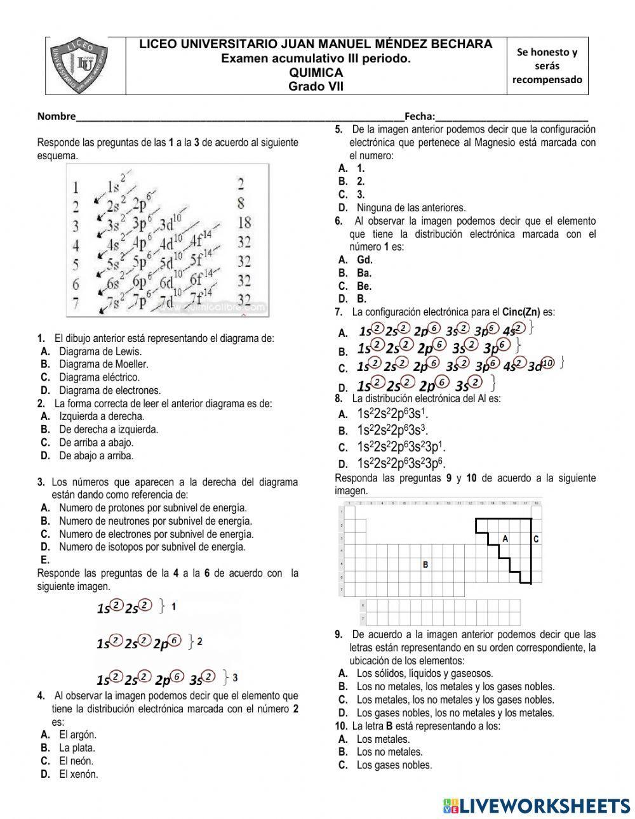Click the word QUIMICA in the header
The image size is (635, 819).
tap(316, 73)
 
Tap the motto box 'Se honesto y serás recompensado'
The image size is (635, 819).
tap(547, 66)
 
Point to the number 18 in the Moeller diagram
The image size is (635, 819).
tap(244, 223)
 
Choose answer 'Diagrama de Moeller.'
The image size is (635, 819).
tap(103, 364)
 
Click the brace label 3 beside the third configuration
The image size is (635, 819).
tap(236, 677)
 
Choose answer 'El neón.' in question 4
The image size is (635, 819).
tap(76, 761)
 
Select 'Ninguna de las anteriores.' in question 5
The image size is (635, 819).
tap(410, 207)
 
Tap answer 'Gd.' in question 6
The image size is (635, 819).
tap(364, 259)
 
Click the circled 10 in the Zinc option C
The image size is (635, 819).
tap(549, 362)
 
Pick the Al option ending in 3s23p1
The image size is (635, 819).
tap(401, 446)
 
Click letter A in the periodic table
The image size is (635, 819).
tap(505, 538)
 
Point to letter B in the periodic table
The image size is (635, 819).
tap(425, 564)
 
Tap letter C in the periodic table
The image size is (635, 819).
tap(536, 539)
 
